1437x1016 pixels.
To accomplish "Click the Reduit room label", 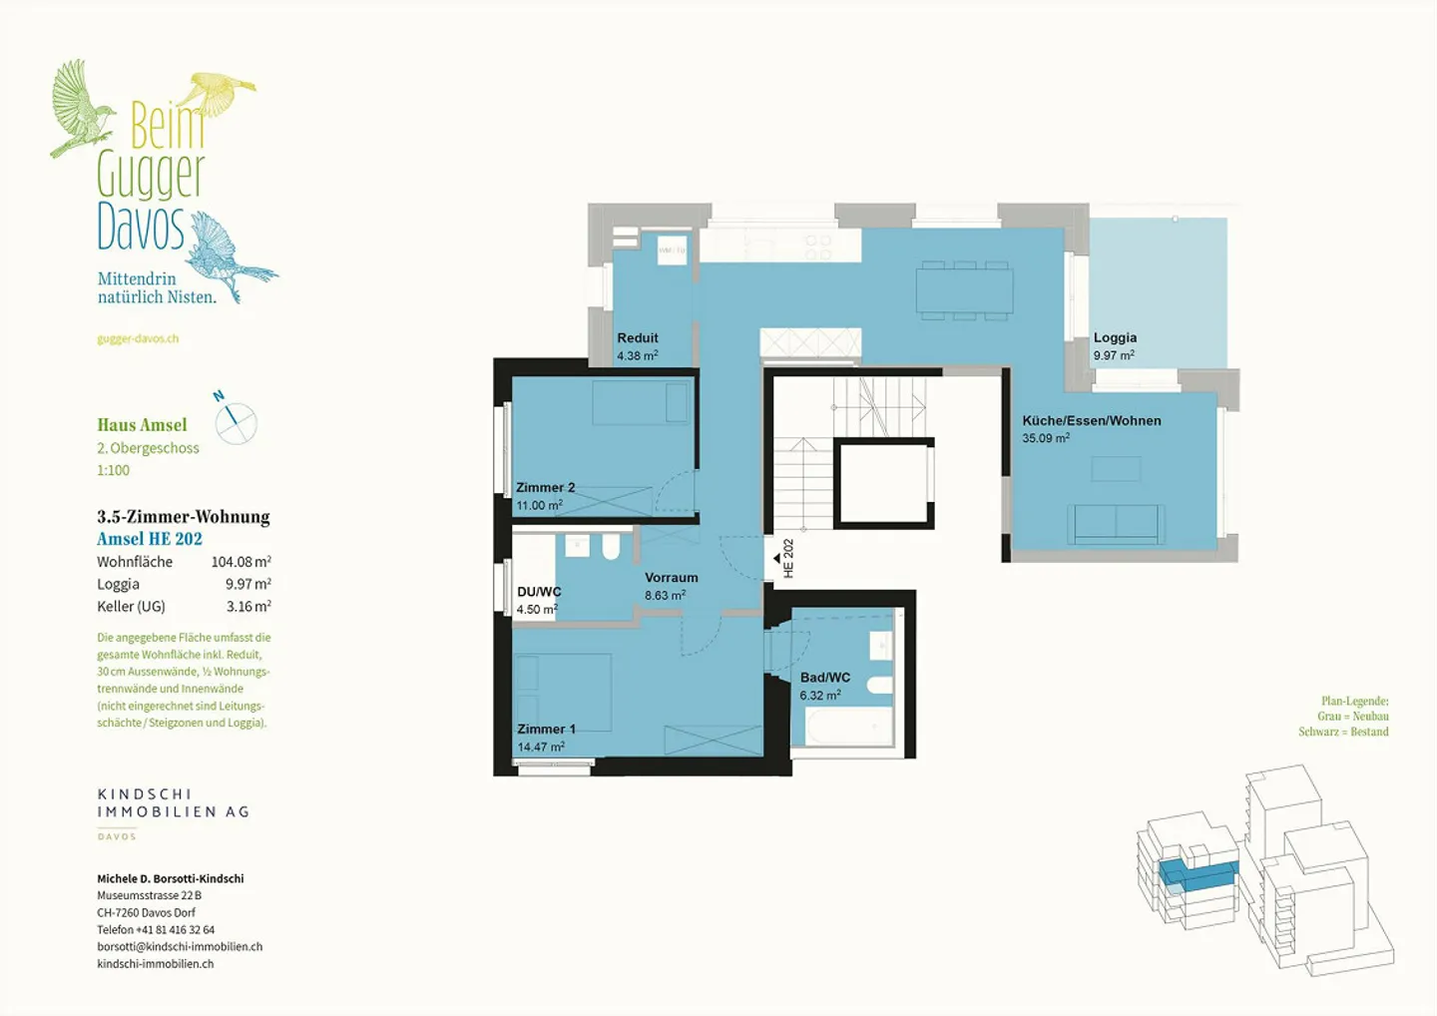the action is tap(638, 338).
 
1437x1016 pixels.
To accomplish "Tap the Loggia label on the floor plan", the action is tap(1115, 337).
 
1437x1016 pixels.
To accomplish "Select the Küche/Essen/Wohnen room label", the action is tap(1092, 421).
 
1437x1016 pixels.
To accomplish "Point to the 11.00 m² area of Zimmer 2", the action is tap(540, 505).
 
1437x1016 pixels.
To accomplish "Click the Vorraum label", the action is tap(671, 577).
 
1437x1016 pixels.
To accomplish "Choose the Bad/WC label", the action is tap(825, 678).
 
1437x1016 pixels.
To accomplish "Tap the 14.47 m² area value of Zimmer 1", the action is tap(541, 747).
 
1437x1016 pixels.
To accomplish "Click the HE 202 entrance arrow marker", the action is tap(776, 559).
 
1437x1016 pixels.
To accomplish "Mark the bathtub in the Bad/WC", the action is tap(841, 727).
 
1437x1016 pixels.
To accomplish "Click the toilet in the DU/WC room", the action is tap(611, 547).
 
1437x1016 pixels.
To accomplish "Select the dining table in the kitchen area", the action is tap(964, 290).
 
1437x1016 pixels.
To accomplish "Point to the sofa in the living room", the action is tap(1116, 524).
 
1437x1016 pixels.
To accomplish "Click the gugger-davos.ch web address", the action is tap(138, 338).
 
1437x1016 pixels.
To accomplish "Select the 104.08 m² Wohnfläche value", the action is tap(241, 562).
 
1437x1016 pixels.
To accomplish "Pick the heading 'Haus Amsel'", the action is tap(142, 424).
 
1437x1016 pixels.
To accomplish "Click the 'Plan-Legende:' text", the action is tap(1354, 701).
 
